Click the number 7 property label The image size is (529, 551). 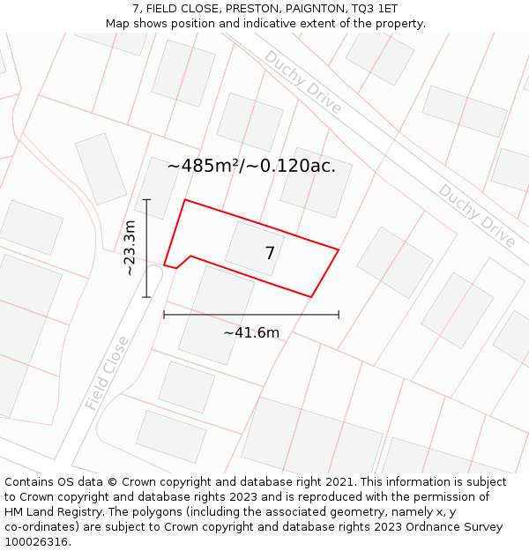click(x=270, y=254)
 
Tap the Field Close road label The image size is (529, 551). click(x=108, y=373)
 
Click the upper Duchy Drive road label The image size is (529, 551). click(x=302, y=81)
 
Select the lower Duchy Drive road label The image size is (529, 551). click(x=477, y=215)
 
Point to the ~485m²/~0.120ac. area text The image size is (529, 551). click(x=251, y=165)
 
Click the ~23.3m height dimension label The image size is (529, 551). click(x=130, y=248)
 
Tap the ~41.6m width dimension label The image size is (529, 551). click(x=251, y=332)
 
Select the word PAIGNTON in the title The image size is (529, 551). click(x=312, y=9)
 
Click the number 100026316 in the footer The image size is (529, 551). click(x=35, y=541)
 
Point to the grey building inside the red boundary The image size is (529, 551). click(x=251, y=247)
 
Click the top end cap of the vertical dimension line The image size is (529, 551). click(x=146, y=200)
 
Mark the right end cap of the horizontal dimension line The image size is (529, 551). click(x=339, y=315)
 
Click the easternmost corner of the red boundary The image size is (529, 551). click(x=339, y=249)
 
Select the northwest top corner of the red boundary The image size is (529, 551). click(x=184, y=200)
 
